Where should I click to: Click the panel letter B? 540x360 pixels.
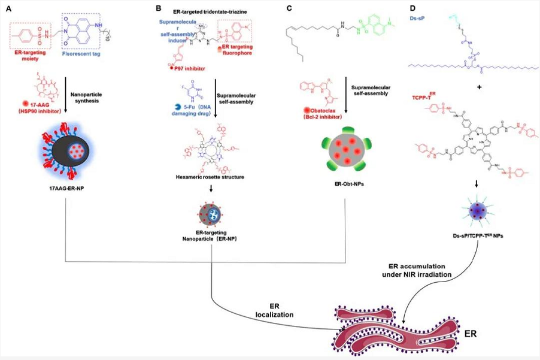coord(159,8)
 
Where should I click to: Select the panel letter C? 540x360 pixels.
coord(289,8)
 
